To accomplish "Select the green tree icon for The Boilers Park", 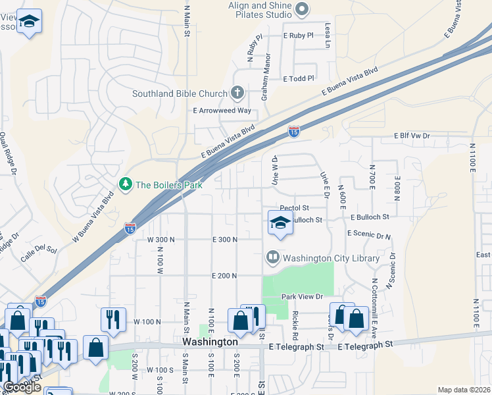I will coord(125,184).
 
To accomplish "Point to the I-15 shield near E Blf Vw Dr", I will coord(294,133).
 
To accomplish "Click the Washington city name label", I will coord(210,342).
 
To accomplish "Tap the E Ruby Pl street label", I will coord(298,36).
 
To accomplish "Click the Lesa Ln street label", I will coord(327,36).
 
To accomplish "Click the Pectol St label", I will coord(294,207).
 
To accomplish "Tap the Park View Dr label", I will coord(303,296).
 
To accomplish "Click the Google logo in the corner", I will coord(22,387).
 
